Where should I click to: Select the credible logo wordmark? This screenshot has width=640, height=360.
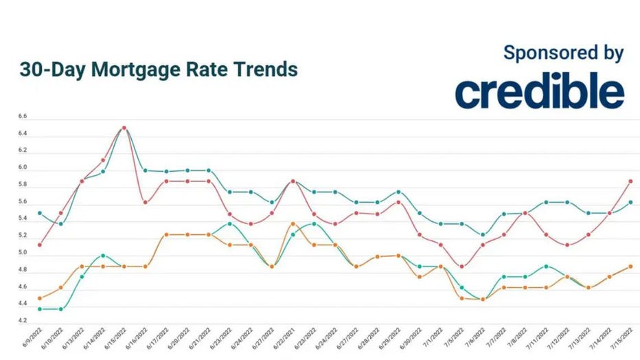click(539, 91)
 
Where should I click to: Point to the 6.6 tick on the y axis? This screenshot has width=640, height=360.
click(23, 117)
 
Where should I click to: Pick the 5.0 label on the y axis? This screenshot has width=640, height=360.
click(23, 253)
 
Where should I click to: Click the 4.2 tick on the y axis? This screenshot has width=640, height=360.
click(23, 321)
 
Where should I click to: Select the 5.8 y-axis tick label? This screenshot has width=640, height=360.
click(23, 185)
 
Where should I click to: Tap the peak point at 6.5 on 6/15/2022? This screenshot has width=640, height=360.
click(124, 128)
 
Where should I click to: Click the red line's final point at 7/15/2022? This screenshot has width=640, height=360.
click(630, 181)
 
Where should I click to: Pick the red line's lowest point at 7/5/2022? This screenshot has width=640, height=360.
click(461, 267)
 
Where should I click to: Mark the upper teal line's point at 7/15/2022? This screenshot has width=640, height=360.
click(630, 202)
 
